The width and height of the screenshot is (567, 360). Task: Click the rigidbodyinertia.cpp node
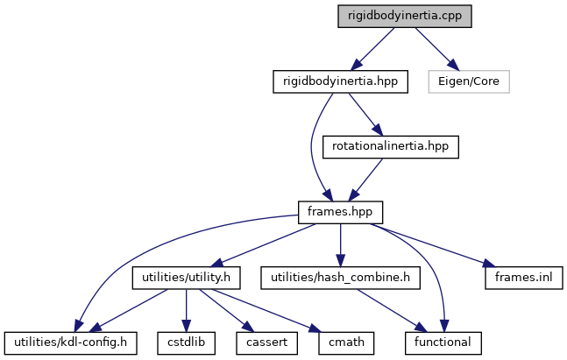(x=405, y=17)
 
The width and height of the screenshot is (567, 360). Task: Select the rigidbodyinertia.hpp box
(x=340, y=81)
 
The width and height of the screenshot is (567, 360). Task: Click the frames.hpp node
(x=340, y=211)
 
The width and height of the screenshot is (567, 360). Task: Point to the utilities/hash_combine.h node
(x=340, y=278)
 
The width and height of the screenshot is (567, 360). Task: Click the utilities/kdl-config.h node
(x=72, y=342)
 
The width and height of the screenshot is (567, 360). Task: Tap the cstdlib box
(x=186, y=342)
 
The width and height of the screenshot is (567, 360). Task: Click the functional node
(x=443, y=342)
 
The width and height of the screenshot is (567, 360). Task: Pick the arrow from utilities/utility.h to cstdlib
(x=186, y=310)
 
